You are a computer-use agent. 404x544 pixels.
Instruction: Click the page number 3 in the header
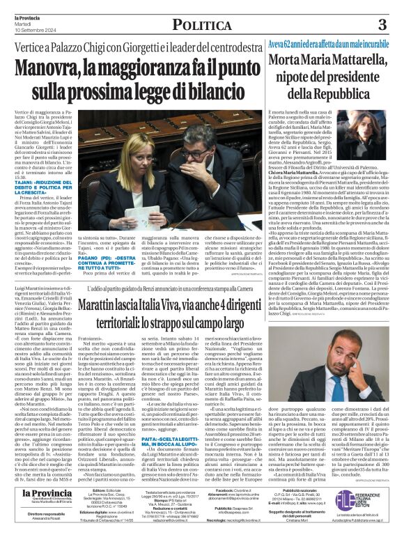[382, 25]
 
